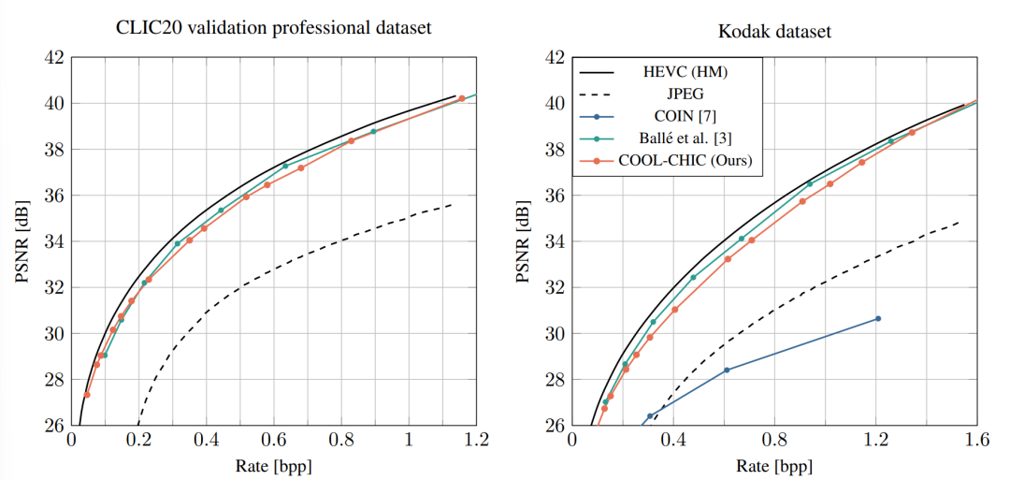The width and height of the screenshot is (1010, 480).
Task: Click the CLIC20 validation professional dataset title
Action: [272, 28]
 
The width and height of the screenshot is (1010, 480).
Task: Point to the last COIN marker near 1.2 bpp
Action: [877, 318]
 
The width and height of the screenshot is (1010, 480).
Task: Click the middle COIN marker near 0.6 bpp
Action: [727, 370]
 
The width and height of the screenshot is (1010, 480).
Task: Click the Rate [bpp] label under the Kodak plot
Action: [775, 465]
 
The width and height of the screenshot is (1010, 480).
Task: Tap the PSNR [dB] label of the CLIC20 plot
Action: [22, 241]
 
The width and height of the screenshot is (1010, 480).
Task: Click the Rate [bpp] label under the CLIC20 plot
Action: [274, 465]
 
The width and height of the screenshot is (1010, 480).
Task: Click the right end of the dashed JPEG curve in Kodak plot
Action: [959, 222]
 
